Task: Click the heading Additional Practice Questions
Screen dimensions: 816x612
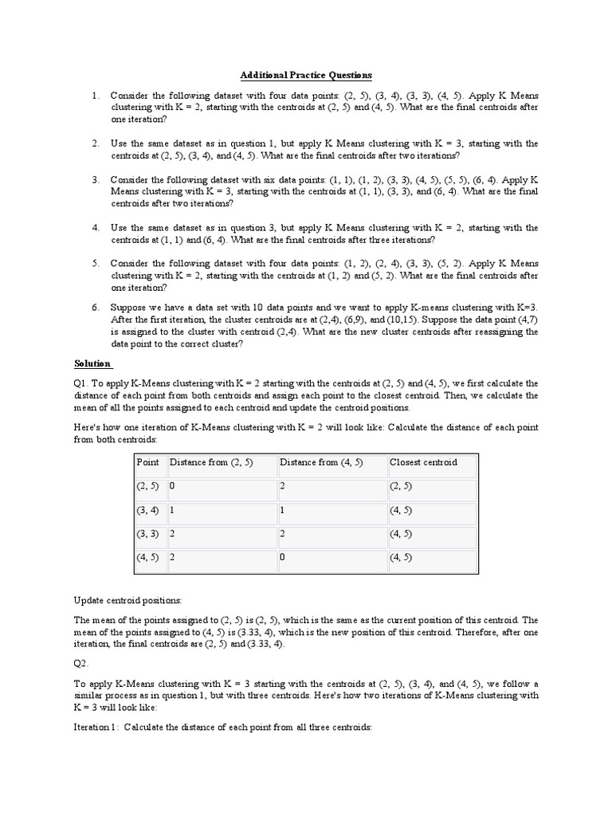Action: tap(306, 76)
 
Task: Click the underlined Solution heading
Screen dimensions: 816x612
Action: tap(92, 363)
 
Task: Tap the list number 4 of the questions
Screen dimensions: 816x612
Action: tap(95, 228)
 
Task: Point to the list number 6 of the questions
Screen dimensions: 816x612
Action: tap(95, 307)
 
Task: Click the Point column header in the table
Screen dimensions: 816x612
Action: tap(148, 463)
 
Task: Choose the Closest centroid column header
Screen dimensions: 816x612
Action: tap(423, 463)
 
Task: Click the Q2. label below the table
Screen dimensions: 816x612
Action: tap(82, 662)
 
